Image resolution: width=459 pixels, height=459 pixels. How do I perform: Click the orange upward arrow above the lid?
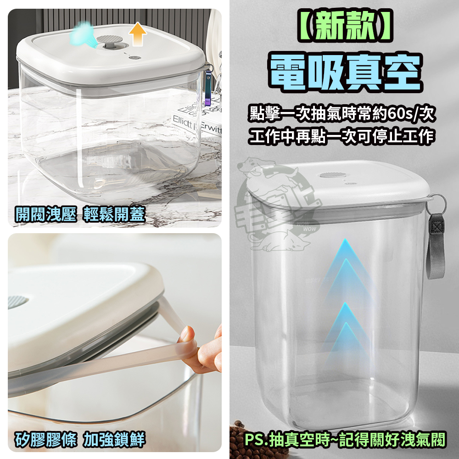click(138, 34)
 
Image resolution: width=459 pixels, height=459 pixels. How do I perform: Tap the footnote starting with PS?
click(344, 439)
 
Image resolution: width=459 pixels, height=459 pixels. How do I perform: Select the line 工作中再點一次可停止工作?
click(341, 137)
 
